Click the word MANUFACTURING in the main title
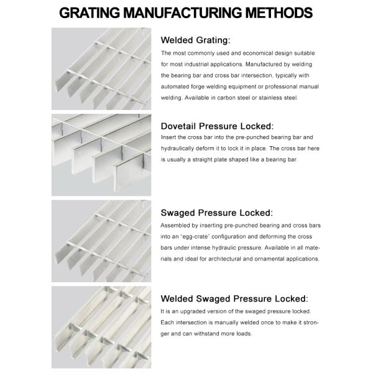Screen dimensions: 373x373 pyautogui.click(x=182, y=12)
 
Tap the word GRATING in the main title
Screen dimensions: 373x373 pyautogui.click(x=90, y=12)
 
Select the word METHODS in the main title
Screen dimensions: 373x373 pyautogui.click(x=279, y=12)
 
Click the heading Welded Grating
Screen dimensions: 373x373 pyautogui.click(x=196, y=40)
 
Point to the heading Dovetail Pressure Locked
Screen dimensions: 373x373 pyautogui.click(x=217, y=126)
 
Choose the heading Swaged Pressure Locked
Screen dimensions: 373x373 pyautogui.click(x=217, y=213)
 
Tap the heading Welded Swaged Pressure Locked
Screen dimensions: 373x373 pyautogui.click(x=234, y=298)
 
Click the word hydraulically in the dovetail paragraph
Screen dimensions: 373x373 pyautogui.click(x=177, y=149)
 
